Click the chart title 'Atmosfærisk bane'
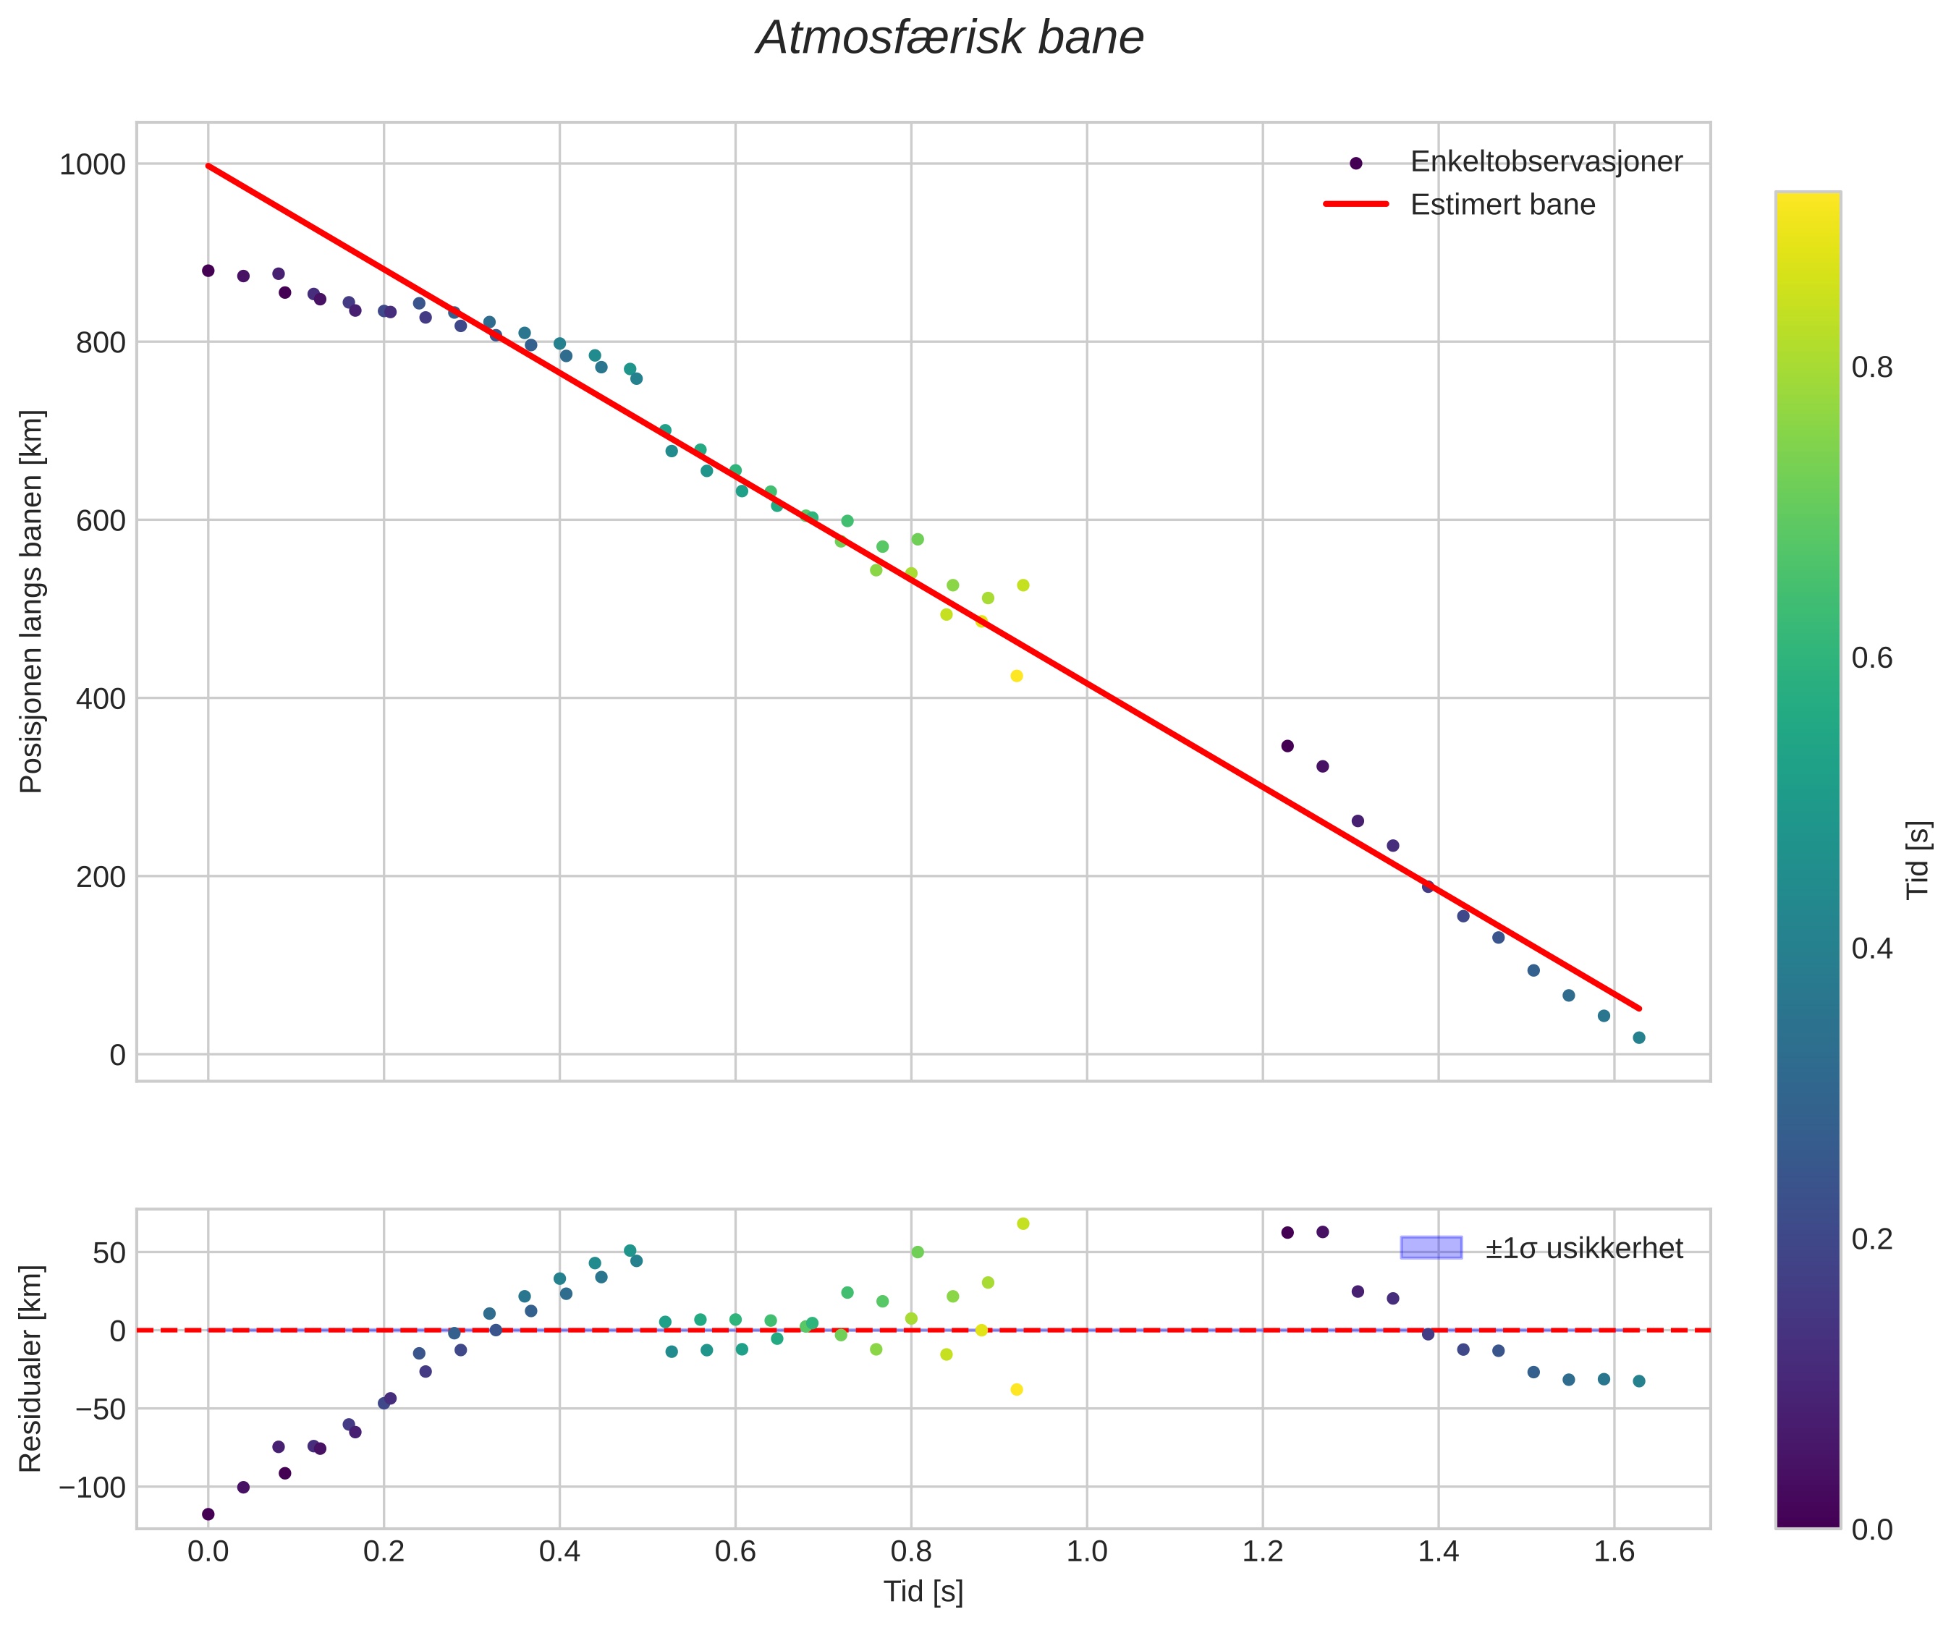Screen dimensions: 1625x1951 pyautogui.click(x=949, y=39)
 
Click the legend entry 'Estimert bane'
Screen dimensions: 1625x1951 pyautogui.click(x=1502, y=205)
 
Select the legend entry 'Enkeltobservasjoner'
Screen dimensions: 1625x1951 pyautogui.click(x=1545, y=161)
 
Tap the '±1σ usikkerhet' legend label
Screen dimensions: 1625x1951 pyautogui.click(x=1583, y=1248)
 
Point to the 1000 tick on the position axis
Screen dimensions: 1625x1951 pyautogui.click(x=92, y=164)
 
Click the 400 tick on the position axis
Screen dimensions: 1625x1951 pyautogui.click(x=101, y=699)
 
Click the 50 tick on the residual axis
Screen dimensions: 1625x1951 pyautogui.click(x=109, y=1253)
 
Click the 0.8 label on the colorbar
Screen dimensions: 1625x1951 pyautogui.click(x=1871, y=368)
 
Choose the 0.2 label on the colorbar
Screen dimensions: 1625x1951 pyautogui.click(x=1871, y=1240)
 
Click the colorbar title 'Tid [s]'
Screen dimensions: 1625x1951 pyautogui.click(x=1918, y=860)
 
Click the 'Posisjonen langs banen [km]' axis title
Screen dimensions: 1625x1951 pyautogui.click(x=32, y=601)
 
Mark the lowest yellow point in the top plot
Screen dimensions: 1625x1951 pyautogui.click(x=1016, y=676)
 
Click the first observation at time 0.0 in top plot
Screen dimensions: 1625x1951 pyautogui.click(x=208, y=271)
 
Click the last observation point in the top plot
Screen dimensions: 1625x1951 pyautogui.click(x=1639, y=1038)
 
